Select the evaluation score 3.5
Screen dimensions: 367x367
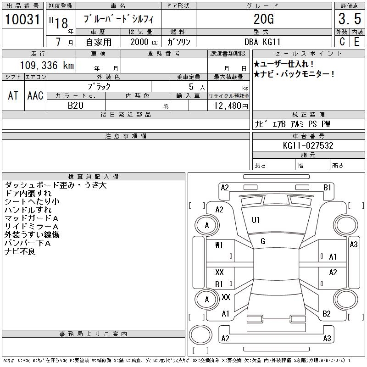(x=349, y=20)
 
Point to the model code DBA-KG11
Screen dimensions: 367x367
(x=263, y=42)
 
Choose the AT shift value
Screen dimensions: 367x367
(x=13, y=95)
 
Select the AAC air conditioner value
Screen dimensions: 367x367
(x=35, y=95)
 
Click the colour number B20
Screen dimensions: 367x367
(x=76, y=106)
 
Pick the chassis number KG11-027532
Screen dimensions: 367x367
(x=308, y=146)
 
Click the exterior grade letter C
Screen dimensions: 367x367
(x=342, y=42)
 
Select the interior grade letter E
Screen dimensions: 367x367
(x=357, y=42)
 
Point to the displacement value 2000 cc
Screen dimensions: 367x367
(x=140, y=42)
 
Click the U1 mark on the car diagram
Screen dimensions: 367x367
(x=256, y=220)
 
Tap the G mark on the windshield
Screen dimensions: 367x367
(x=262, y=241)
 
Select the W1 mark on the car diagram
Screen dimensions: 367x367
(x=219, y=245)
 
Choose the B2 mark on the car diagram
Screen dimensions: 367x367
(x=326, y=314)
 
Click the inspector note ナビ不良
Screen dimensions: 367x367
(x=20, y=251)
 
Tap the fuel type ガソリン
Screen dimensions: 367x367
(x=178, y=42)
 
